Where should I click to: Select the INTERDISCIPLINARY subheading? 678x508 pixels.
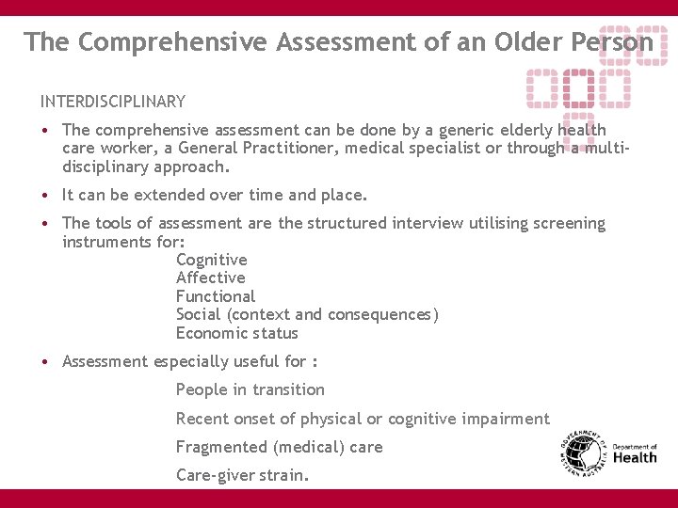point(113,102)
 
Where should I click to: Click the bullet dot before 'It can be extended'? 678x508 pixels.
point(44,196)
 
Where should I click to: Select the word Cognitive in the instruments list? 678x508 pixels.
point(211,260)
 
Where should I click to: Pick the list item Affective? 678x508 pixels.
point(210,278)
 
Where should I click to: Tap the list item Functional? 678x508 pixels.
point(215,296)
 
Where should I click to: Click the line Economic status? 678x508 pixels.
point(236,333)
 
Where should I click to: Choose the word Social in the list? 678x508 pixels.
point(198,314)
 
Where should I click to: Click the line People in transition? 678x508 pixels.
point(250,389)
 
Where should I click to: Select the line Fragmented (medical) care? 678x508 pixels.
point(279,447)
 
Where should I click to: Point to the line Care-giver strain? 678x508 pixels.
point(242,475)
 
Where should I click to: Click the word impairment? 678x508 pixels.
point(503,419)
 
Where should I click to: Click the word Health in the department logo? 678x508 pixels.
point(635,458)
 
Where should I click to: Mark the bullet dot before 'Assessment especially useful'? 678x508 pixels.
point(44,362)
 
